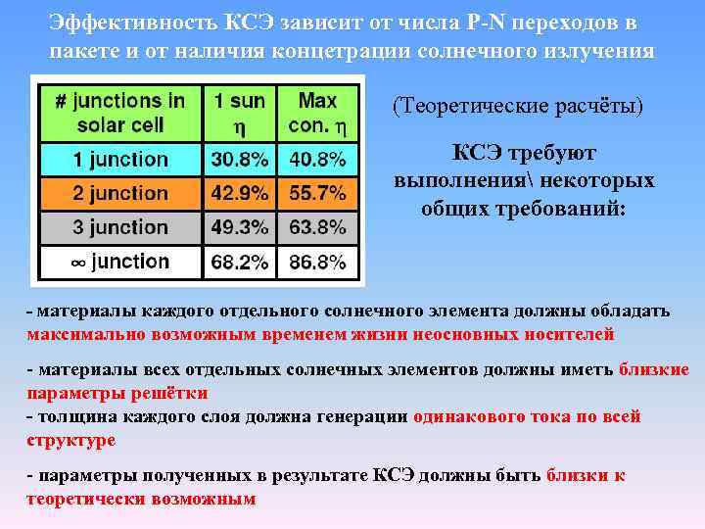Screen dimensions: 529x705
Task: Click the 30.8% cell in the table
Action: coord(240,159)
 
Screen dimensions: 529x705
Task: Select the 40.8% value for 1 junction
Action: coord(317,159)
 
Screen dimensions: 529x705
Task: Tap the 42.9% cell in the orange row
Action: coord(240,193)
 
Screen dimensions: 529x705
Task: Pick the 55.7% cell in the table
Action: coord(317,193)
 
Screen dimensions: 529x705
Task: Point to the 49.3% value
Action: coord(240,227)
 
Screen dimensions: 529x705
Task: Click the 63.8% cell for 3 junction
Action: coord(317,227)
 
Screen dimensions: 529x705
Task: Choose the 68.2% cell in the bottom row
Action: coord(240,262)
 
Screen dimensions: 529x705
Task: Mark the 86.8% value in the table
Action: coord(317,262)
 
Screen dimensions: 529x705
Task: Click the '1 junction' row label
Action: coord(120,159)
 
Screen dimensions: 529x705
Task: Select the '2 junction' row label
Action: coord(120,193)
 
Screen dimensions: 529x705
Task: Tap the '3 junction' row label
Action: coord(120,227)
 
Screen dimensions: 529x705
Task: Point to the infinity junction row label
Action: coord(120,262)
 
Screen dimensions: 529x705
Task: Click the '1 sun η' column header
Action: coord(240,114)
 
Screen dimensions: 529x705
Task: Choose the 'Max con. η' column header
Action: coord(317,114)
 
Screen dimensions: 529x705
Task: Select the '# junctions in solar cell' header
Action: coord(120,114)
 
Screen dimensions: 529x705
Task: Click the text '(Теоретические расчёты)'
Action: coord(518,105)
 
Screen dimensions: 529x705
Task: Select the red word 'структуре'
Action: coord(70,440)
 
